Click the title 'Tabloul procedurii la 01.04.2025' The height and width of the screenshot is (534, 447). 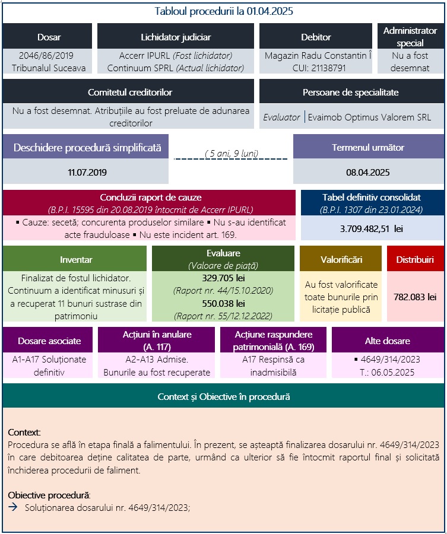[x=223, y=11]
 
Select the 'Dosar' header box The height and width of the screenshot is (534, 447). [x=48, y=37]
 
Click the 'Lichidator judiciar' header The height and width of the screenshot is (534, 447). [x=175, y=37]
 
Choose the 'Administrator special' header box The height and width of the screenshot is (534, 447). [x=410, y=36]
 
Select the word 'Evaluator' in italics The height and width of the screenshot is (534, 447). [x=281, y=117]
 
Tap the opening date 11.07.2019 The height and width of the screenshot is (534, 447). [x=87, y=173]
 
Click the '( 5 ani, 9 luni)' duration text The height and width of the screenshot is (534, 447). [x=231, y=153]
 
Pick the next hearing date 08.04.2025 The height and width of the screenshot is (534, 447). [x=367, y=173]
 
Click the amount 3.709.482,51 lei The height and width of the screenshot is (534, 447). [x=372, y=228]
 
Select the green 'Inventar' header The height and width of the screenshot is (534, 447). [x=76, y=260]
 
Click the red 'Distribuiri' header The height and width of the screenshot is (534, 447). [x=415, y=260]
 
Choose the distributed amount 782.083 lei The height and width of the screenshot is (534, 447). [x=415, y=297]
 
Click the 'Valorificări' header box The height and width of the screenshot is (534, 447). [x=341, y=260]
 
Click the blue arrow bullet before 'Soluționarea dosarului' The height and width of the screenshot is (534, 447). [x=14, y=508]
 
